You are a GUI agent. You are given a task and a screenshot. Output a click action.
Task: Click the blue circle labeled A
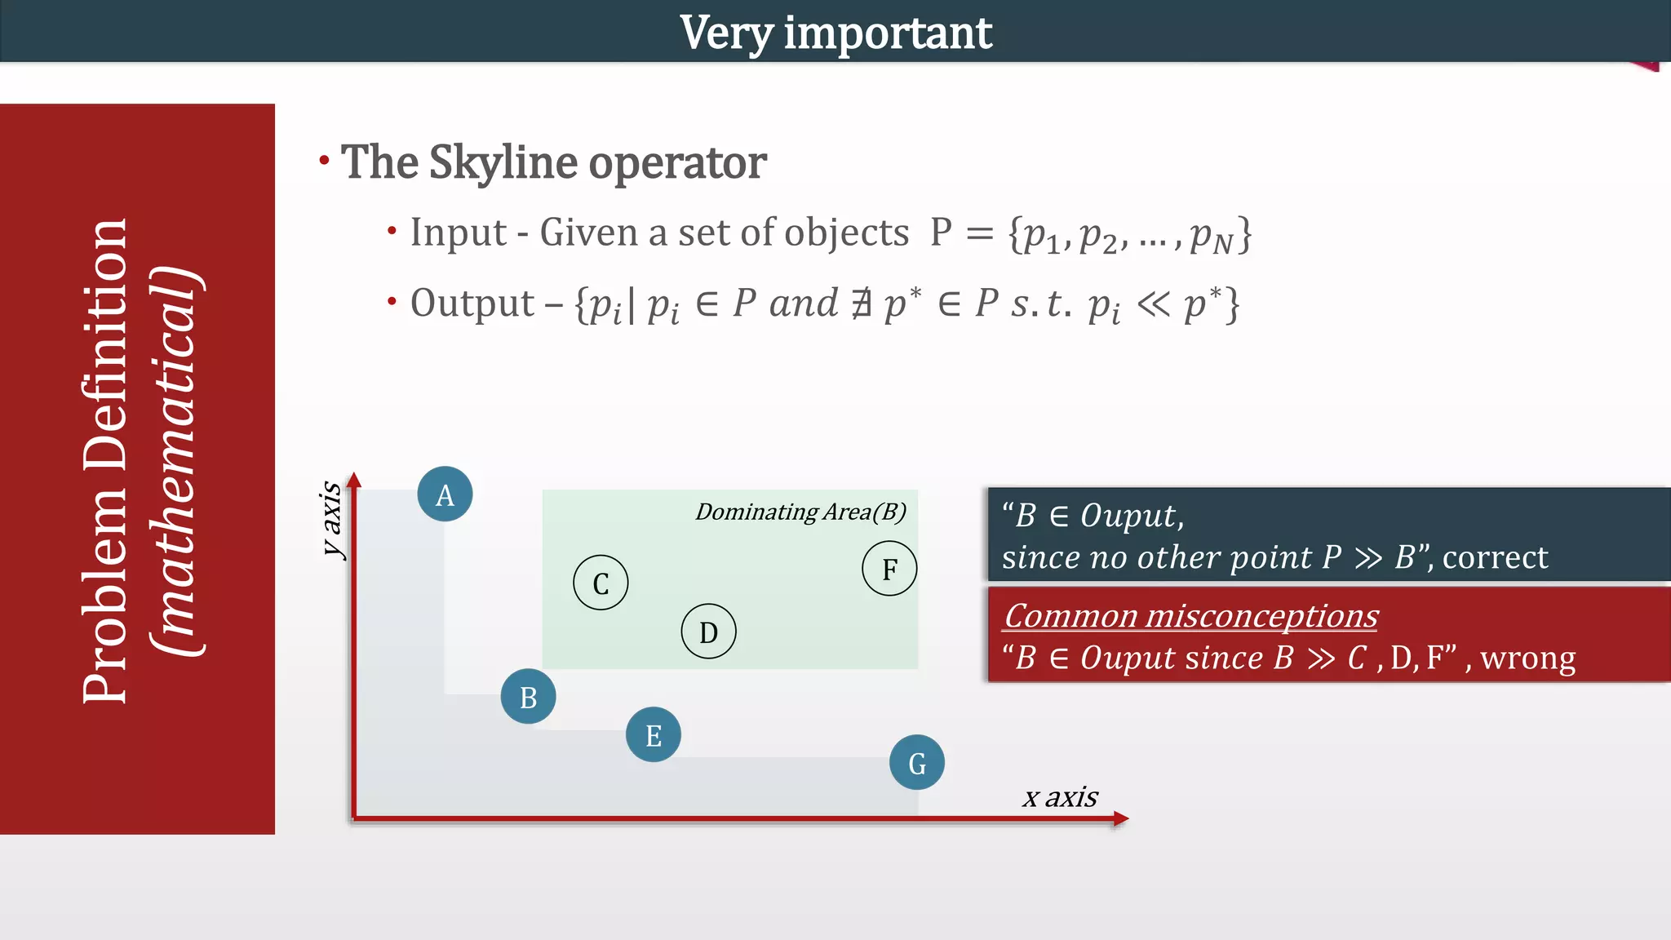pos(445,494)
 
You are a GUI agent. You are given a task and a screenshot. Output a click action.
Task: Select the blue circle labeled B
pos(528,697)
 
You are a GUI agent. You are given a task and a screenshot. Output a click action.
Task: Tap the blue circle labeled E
pos(654,734)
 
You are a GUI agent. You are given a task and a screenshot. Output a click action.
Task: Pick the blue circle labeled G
pos(917,763)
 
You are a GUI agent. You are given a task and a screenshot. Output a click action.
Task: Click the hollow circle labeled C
pos(601,583)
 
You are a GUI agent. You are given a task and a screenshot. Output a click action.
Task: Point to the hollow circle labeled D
pos(708,632)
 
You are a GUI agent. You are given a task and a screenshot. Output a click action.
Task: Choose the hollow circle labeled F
pos(889,568)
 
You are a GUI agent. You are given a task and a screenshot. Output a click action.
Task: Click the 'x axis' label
pos(1060,796)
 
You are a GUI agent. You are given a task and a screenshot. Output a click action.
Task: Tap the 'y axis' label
pos(331,518)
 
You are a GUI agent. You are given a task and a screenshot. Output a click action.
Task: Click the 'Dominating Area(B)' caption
pos(800,512)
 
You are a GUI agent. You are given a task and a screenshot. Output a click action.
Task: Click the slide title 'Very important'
pos(835,33)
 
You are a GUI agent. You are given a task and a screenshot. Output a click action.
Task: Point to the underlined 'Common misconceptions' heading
pos(1190,616)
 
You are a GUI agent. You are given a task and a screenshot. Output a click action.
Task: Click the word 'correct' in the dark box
pos(1495,557)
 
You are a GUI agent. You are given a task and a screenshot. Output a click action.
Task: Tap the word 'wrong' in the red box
pos(1527,658)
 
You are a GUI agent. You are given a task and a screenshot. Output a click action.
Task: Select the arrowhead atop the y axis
pos(353,480)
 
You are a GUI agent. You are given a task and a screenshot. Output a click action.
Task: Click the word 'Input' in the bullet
pos(458,233)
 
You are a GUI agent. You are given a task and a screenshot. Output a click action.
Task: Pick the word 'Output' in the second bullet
pos(472,304)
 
